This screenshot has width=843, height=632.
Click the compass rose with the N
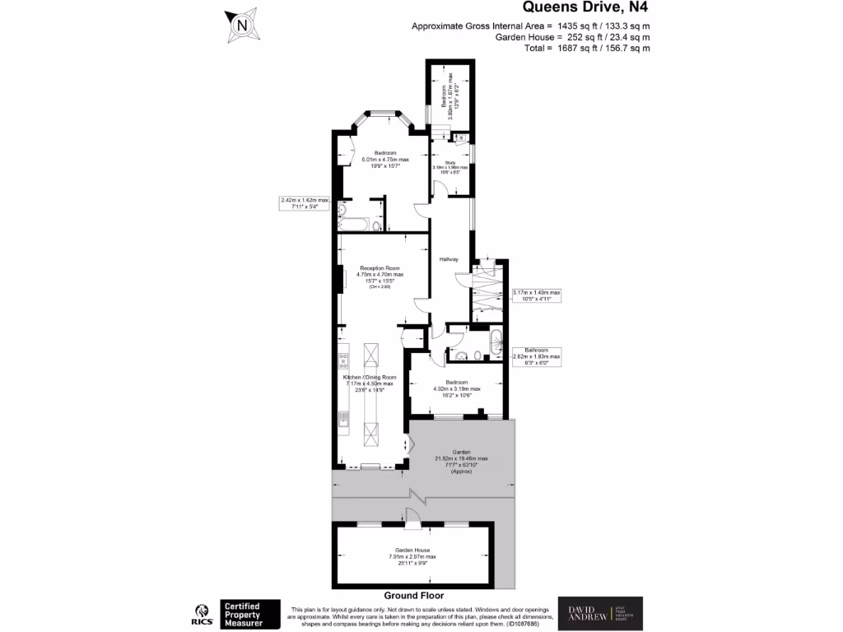click(242, 26)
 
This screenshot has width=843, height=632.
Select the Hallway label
click(449, 259)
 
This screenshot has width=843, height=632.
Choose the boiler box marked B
click(460, 137)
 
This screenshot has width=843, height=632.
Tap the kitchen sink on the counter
click(343, 421)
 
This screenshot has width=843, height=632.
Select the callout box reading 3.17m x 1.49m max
click(536, 295)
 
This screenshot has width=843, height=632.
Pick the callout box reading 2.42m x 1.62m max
click(305, 203)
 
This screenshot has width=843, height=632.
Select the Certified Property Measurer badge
click(246, 613)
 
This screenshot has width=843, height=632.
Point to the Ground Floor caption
click(414, 595)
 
